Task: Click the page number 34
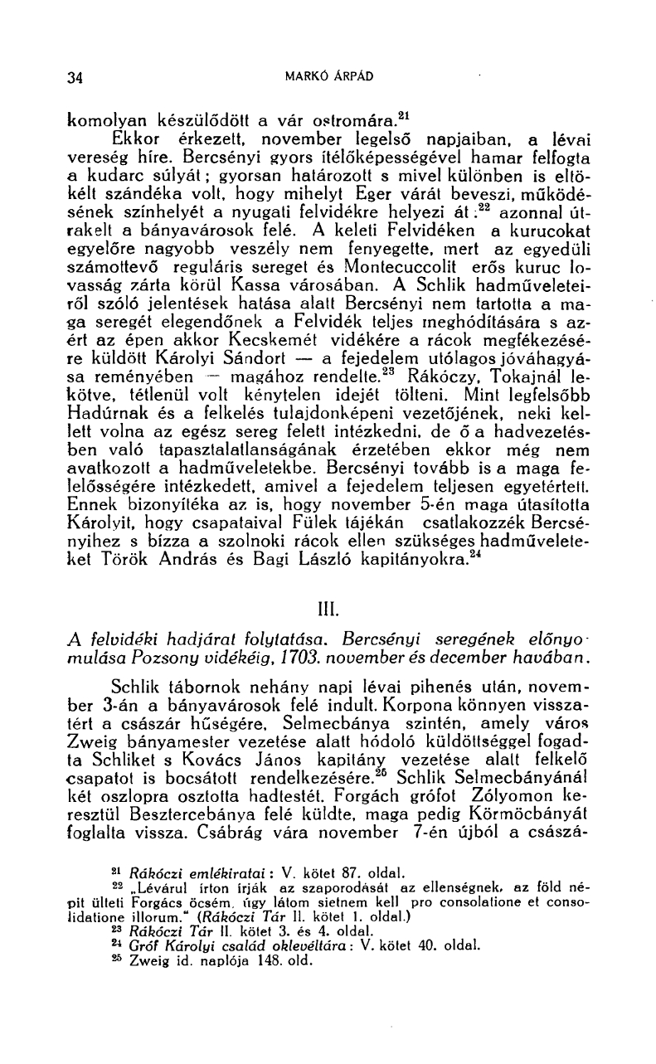tap(75, 79)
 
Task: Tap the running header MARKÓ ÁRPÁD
tap(329, 77)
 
